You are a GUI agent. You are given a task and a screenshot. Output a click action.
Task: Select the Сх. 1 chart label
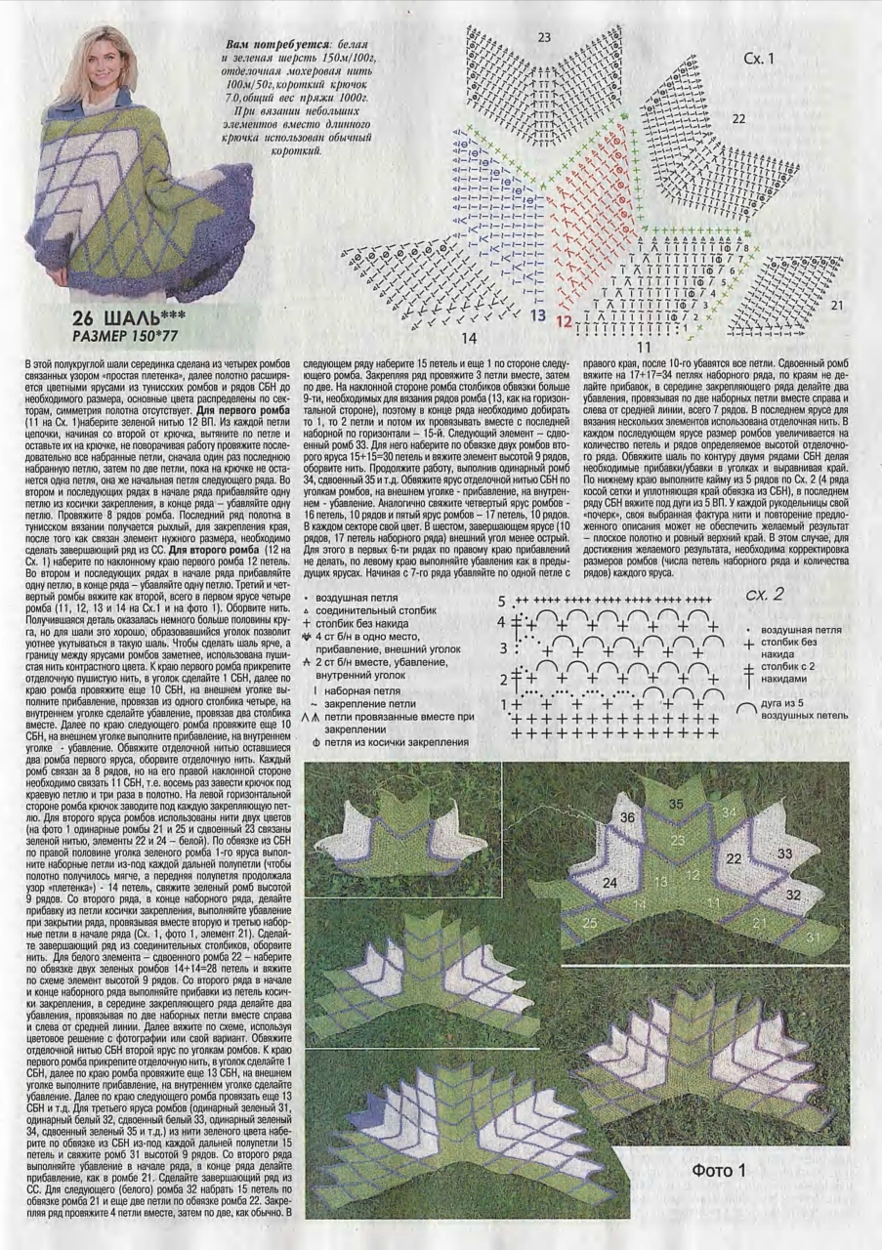758,59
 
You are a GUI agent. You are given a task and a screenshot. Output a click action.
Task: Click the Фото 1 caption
719,1170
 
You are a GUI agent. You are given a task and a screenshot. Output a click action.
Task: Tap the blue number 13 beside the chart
538,316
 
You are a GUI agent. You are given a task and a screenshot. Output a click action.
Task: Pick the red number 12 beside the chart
565,319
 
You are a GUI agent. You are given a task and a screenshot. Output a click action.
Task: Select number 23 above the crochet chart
544,38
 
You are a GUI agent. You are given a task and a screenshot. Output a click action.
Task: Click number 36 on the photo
627,817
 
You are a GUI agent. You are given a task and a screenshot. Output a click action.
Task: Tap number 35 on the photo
676,804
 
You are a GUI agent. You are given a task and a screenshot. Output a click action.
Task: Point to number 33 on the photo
783,853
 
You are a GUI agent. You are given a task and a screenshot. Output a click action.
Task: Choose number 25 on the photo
589,921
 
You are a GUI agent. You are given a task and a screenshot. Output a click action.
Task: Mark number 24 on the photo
609,883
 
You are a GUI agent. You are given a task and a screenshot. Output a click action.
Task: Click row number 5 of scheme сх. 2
502,601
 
